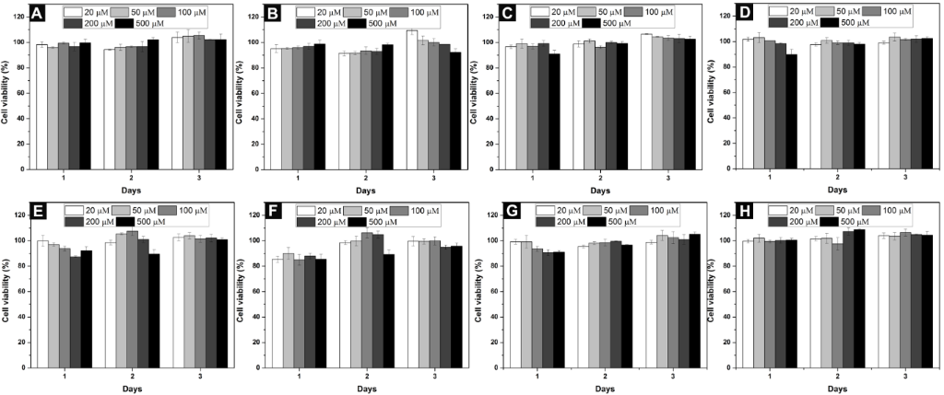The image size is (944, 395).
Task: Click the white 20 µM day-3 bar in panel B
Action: pos(412,99)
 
